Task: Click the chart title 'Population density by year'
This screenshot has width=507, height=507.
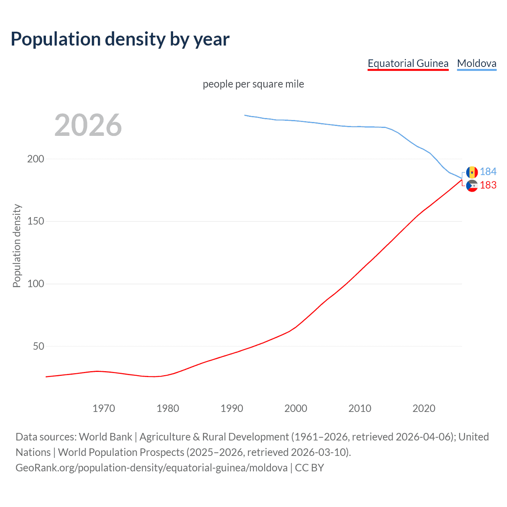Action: point(120,39)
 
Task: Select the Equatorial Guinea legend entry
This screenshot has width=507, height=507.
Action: point(408,63)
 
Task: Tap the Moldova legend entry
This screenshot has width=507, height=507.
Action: point(477,63)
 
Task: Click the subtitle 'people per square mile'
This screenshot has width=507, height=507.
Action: point(253,84)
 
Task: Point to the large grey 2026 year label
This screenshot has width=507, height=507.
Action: point(88,125)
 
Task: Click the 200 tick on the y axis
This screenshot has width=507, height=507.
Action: point(36,159)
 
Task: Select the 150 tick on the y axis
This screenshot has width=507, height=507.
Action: point(36,221)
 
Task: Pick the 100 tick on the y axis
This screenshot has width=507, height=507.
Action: point(36,284)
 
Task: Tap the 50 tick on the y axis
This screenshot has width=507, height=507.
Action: point(38,346)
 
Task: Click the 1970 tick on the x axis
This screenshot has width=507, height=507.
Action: point(104,408)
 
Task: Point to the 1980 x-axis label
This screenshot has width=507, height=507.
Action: point(168,408)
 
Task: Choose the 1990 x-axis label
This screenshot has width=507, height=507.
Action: point(232,408)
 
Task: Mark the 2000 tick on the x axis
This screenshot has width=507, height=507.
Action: point(296,408)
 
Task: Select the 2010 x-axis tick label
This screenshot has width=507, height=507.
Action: point(360,408)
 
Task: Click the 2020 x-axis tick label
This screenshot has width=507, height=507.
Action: point(424,408)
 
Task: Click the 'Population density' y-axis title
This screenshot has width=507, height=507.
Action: point(17,246)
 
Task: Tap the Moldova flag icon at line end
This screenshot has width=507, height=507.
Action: point(472,172)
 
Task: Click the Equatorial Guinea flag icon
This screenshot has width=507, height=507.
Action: point(472,185)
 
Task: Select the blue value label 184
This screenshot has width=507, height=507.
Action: point(488,172)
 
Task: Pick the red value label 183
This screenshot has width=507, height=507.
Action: point(488,185)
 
